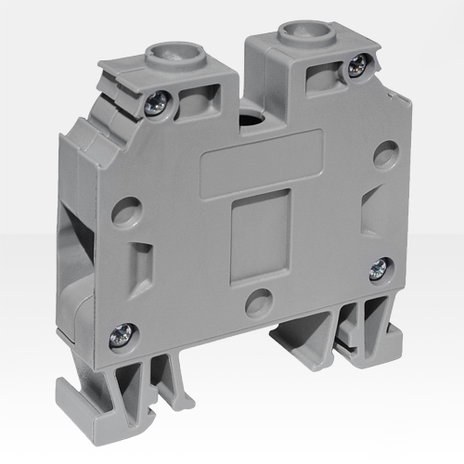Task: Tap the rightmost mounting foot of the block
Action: pyautogui.click(x=376, y=330)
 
